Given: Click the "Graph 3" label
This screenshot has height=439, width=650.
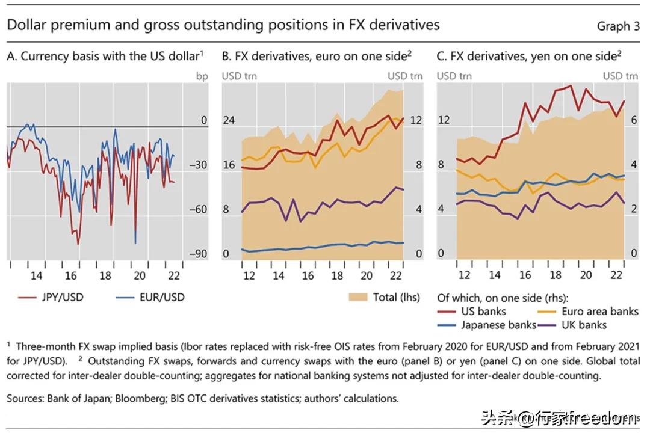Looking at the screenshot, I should [618, 26].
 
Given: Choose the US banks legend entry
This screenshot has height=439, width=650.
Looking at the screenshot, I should [483, 312].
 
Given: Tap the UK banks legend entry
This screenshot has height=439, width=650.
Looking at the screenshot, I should [584, 325].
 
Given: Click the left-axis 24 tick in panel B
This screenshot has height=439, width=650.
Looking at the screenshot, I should [229, 121].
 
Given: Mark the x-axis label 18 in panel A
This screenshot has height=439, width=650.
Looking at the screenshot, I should [105, 276].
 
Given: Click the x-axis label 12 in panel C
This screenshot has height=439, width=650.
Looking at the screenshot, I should [464, 275].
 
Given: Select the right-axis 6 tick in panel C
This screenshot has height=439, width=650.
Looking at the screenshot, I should [633, 121].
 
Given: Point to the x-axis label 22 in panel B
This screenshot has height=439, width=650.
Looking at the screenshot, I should [396, 275].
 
